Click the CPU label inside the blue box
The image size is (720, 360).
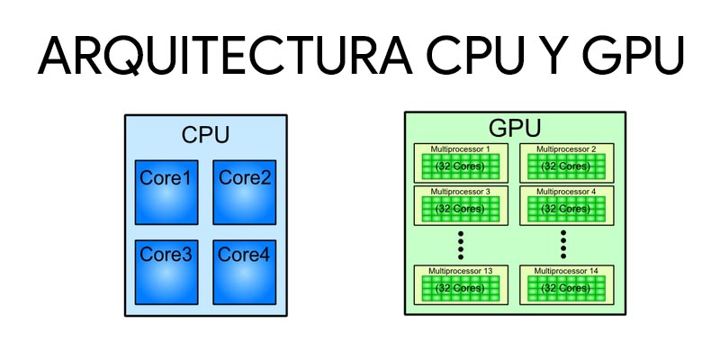(x=205, y=136)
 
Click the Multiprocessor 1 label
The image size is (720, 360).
(x=460, y=148)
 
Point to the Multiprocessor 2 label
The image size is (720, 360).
(x=565, y=148)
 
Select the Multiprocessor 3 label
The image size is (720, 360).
(x=460, y=192)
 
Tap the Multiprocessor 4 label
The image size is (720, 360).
(x=565, y=192)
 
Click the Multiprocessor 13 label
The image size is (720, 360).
(x=460, y=270)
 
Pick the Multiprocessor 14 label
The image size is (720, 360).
(x=565, y=270)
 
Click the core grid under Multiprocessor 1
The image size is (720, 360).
(x=460, y=166)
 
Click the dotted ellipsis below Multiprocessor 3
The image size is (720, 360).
(x=460, y=243)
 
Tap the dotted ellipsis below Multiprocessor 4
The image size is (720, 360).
(x=564, y=243)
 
